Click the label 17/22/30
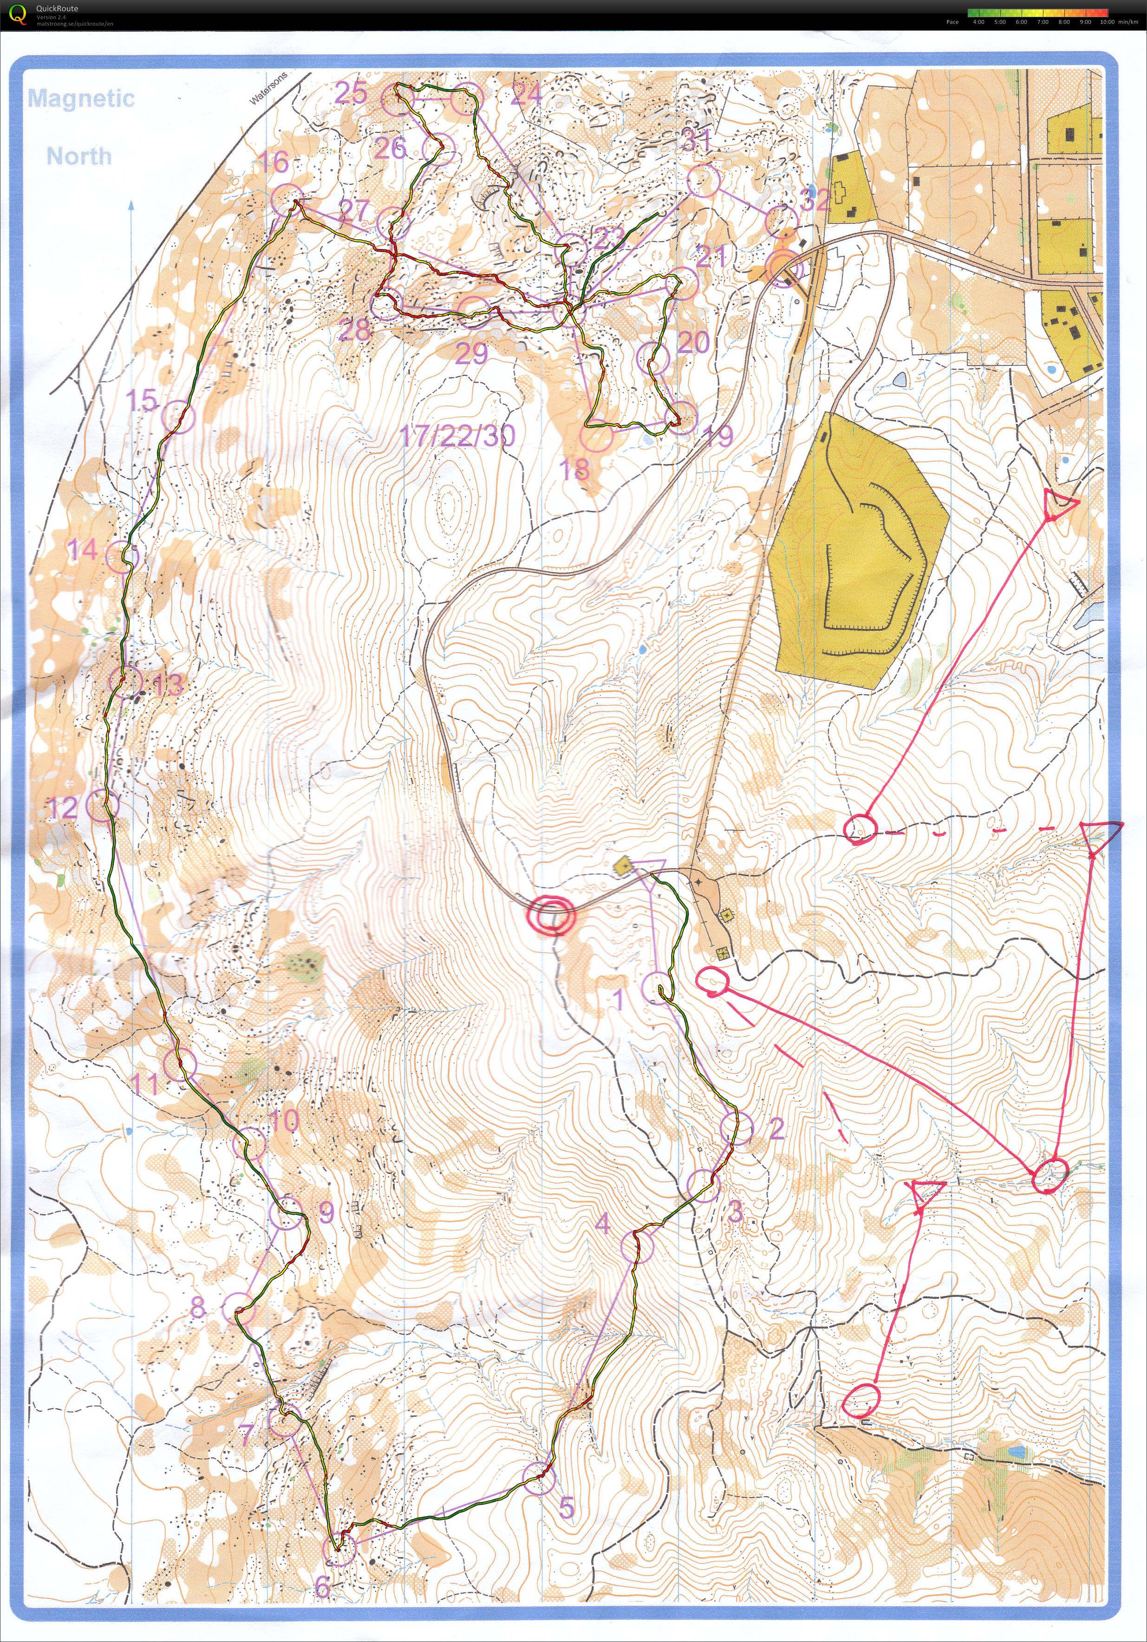click(456, 435)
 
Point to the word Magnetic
click(81, 98)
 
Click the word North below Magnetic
click(79, 156)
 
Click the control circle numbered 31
click(703, 181)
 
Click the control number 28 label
click(355, 330)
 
